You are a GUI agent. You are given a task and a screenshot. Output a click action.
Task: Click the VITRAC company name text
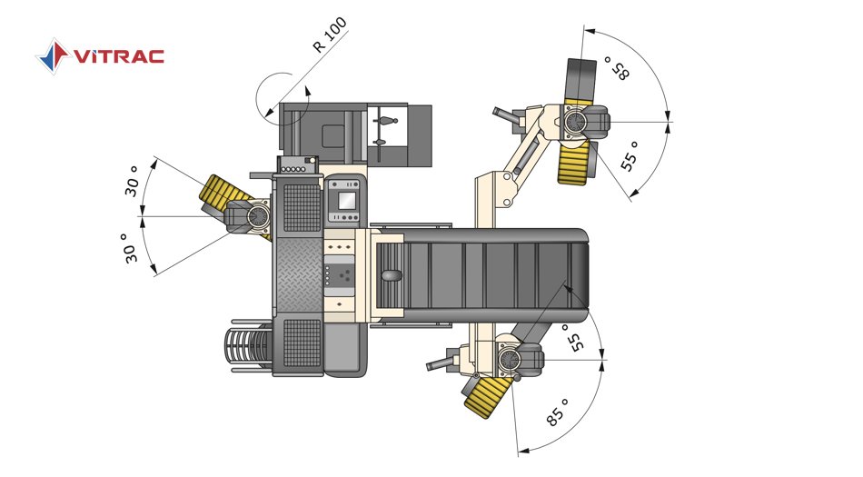tap(119, 56)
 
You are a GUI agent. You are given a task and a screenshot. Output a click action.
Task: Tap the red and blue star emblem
tap(53, 55)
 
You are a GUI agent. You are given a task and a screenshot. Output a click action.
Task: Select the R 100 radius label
tap(331, 35)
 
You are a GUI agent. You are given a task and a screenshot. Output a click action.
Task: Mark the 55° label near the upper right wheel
tap(630, 156)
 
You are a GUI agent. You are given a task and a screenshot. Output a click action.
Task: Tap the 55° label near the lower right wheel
tap(575, 338)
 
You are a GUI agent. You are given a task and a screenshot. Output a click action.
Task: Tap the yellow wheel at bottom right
tap(486, 396)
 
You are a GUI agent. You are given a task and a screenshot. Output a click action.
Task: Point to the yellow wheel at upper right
tap(576, 163)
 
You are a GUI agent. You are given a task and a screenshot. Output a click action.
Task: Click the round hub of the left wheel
tap(256, 216)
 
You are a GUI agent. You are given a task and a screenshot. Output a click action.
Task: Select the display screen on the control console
tap(346, 201)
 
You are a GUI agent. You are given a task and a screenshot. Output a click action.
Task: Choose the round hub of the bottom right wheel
tap(510, 361)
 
